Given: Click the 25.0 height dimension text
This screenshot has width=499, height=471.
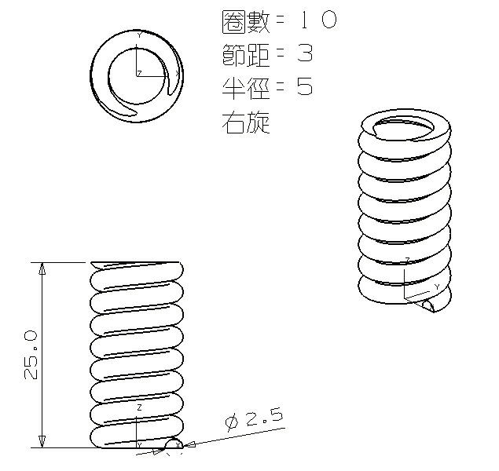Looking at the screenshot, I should [31, 355].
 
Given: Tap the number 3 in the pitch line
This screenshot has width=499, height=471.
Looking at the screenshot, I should [305, 54].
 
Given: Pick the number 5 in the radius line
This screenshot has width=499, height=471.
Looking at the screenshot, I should [305, 87].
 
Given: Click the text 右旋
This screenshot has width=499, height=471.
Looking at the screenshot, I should [247, 122].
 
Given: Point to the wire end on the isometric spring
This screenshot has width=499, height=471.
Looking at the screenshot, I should [428, 305].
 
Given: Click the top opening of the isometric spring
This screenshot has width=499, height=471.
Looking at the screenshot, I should [405, 126].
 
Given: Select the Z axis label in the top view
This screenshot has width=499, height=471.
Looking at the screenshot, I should [139, 73].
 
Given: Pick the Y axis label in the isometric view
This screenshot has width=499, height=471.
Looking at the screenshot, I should [437, 287].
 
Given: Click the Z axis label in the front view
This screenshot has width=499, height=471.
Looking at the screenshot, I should [139, 409].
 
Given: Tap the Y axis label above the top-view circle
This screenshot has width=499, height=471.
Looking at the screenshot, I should [139, 35].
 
